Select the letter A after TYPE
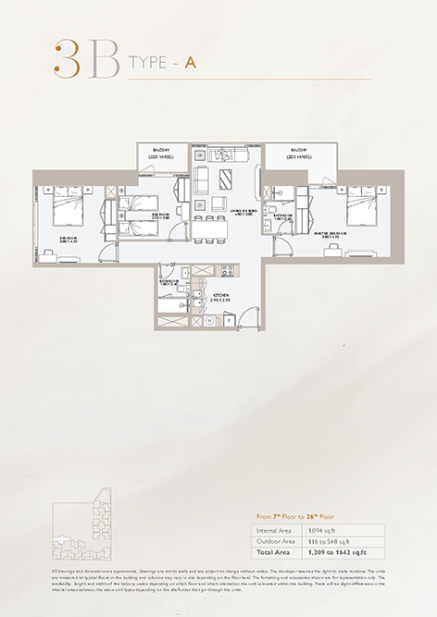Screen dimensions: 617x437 [x=189, y=64]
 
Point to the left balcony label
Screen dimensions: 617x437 [x=163, y=154]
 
